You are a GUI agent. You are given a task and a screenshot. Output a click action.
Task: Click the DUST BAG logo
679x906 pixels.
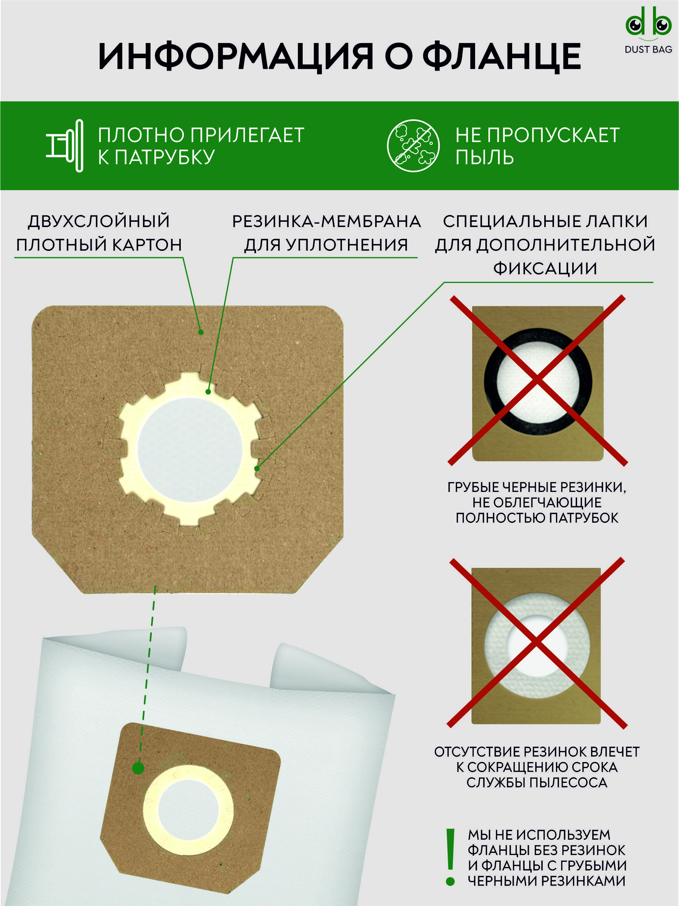coord(648,31)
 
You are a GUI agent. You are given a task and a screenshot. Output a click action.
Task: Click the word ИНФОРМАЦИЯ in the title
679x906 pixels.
coord(236,57)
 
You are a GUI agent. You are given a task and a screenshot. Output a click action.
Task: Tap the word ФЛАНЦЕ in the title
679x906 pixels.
coord(502,57)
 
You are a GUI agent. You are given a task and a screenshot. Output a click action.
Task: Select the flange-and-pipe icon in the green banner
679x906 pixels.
coord(65,146)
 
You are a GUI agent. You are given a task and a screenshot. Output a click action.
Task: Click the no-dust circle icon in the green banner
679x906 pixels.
coord(413,146)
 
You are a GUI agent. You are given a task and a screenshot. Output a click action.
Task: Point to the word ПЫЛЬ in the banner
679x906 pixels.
coord(485,157)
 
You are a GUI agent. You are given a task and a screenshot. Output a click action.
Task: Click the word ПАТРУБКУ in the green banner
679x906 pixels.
coord(165,157)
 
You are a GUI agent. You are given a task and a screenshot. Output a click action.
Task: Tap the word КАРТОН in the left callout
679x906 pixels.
coord(147,245)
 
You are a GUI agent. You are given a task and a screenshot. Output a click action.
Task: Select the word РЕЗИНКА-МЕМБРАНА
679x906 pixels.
coord(326,221)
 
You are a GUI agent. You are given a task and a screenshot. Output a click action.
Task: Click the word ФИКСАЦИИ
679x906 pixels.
coord(545,269)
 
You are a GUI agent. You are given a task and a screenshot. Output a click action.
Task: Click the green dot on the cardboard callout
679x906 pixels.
coord(201,332)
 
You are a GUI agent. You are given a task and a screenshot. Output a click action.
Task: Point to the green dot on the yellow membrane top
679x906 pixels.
coord(208,392)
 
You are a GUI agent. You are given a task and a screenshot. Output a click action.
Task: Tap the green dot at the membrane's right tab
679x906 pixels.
coord(257,468)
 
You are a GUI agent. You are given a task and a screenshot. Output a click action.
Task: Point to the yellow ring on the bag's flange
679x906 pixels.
coord(150,811)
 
